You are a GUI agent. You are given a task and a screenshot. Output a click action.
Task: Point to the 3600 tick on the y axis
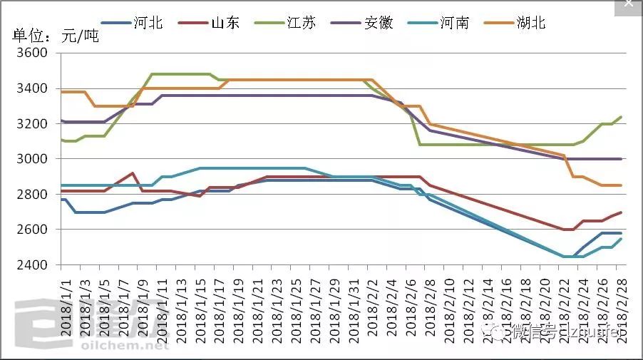31,53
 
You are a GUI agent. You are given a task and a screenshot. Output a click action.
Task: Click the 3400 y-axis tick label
31,88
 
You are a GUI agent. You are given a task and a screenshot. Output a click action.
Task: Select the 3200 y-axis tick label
31,124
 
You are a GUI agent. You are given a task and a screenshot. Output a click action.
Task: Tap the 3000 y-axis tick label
31,159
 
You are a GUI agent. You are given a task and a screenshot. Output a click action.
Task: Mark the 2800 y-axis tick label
31,195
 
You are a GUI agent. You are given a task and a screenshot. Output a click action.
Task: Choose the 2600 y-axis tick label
31,230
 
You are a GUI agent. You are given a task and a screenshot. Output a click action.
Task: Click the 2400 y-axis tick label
31,265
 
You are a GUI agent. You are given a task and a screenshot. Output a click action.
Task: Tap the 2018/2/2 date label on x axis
371,303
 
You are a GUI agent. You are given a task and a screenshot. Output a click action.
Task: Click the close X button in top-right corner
628,4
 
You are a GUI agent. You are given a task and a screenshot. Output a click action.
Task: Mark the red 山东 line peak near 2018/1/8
133,173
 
